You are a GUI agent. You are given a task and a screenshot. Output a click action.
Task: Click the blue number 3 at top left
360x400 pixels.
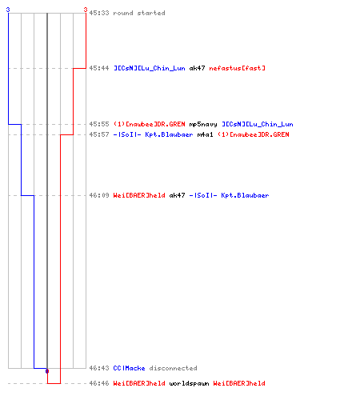pos(8,10)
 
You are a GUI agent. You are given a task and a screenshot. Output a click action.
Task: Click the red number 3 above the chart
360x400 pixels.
pos(86,10)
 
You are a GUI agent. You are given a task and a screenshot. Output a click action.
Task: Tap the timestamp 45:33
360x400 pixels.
pos(99,13)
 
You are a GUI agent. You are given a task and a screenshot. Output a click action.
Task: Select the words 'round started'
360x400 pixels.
pos(139,13)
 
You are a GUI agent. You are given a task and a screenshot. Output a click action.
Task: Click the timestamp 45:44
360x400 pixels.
pos(99,68)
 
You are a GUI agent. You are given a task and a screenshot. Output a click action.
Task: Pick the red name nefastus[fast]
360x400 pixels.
pos(238,68)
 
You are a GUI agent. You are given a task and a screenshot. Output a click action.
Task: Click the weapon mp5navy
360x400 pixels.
pos(203,124)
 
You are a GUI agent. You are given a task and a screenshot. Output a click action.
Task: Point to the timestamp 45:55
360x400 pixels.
pos(99,124)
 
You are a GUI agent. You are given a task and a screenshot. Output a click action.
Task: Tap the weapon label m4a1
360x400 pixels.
pos(206,134)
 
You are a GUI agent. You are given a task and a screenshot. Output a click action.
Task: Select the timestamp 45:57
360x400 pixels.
pos(99,134)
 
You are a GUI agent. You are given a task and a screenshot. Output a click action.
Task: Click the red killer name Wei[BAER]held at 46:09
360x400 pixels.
pos(139,195)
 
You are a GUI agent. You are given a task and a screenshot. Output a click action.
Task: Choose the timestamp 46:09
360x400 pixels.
pos(99,195)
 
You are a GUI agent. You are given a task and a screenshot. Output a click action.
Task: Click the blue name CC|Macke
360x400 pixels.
pos(130,368)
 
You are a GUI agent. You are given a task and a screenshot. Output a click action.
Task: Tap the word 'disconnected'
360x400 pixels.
pos(174,368)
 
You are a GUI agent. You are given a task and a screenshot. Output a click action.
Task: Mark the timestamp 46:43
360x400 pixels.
pos(99,368)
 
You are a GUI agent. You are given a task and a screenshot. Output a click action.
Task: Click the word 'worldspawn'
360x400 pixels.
pos(190,383)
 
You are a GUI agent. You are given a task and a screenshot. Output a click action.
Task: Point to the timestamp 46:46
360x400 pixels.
pos(99,383)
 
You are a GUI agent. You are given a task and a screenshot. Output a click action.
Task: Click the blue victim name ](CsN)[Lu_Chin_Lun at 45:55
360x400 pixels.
pos(258,124)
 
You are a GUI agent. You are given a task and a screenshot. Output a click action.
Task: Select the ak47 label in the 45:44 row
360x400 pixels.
pos(198,68)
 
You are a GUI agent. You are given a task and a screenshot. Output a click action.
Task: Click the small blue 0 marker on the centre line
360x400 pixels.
pos(47,371)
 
